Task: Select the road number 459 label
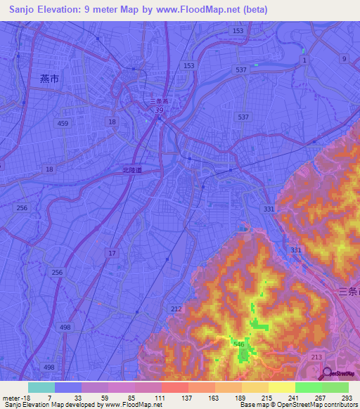64,124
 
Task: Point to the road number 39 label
160,110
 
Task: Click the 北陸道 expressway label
131,169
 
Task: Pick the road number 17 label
112,252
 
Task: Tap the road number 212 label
176,309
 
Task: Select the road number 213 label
316,358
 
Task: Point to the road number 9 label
344,59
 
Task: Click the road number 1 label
304,61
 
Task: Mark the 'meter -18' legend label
15,398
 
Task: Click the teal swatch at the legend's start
41,387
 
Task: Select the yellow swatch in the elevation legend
282,387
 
